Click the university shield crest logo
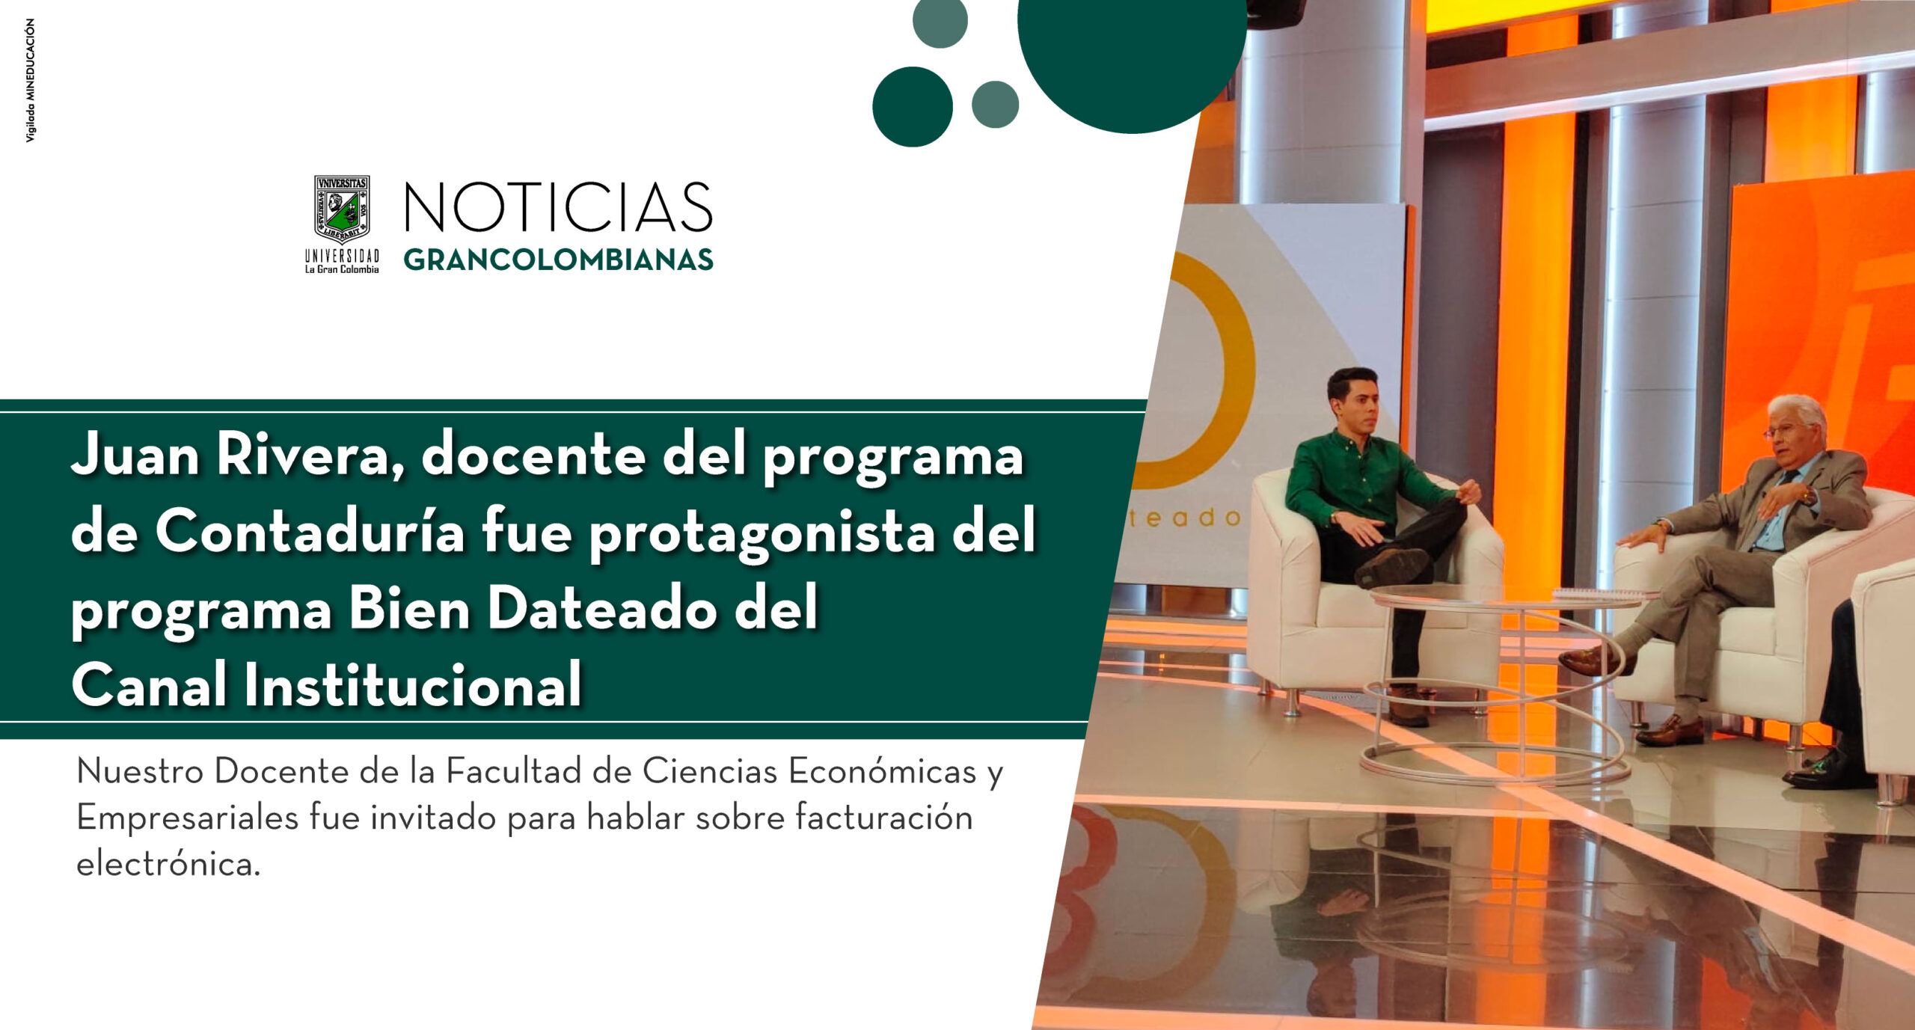[342, 209]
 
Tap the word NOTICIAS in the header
[558, 207]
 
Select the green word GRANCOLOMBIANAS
[558, 260]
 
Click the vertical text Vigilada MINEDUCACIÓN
[31, 81]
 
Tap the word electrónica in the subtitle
[168, 864]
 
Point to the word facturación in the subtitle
[883, 817]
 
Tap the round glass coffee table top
[1504, 597]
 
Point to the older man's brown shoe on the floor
[1670, 730]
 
